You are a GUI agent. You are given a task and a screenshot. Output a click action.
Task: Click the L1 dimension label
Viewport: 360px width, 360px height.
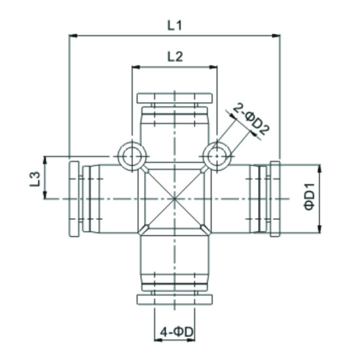pyautogui.click(x=174, y=26)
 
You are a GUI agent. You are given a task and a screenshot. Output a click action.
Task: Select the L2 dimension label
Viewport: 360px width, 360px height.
pyautogui.click(x=174, y=56)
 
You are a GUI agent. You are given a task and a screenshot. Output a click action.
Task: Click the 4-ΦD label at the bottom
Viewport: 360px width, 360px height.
pyautogui.click(x=175, y=332)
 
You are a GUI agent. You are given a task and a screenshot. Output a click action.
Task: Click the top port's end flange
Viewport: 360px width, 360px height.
pyautogui.click(x=174, y=98)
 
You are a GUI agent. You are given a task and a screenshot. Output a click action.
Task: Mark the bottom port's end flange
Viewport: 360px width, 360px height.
pyautogui.click(x=174, y=299)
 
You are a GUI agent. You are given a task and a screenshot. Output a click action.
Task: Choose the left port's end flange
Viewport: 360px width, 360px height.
pyautogui.click(x=73, y=198)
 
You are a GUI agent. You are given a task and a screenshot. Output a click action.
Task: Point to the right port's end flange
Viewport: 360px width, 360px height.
pyautogui.click(x=275, y=198)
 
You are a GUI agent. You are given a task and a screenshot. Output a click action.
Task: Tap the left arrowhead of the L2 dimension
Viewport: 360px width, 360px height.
pyautogui.click(x=135, y=67)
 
